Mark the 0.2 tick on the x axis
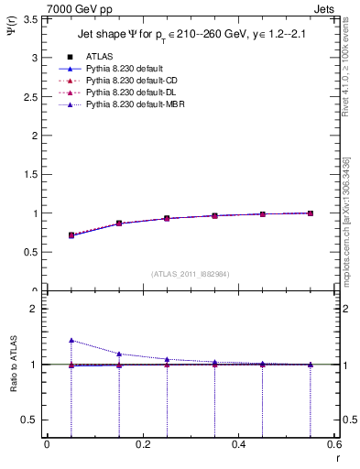point(143,444)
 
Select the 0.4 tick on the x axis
point(239,444)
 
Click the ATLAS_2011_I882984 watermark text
point(190,274)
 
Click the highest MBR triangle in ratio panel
point(71,340)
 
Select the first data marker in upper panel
point(71,235)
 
